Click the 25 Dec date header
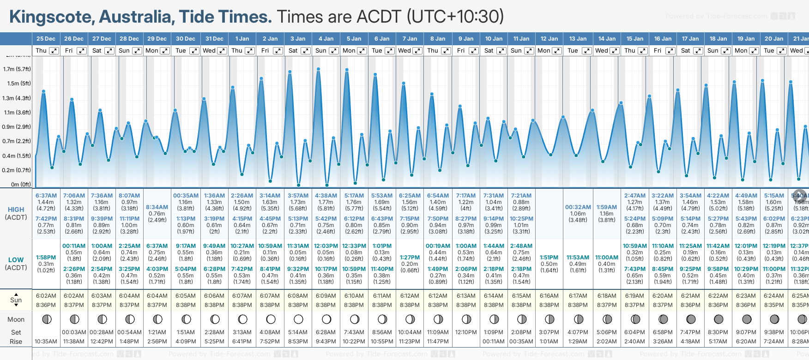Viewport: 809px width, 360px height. click(46, 39)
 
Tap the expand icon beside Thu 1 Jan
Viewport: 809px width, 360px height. click(250, 51)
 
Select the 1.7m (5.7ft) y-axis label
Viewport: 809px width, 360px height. click(17, 69)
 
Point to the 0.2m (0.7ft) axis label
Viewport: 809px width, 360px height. click(17, 170)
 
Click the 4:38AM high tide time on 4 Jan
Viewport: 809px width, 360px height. click(326, 196)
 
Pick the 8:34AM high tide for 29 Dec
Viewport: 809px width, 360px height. click(157, 207)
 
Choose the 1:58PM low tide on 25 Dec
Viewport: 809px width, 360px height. click(46, 258)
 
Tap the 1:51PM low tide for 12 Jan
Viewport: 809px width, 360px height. click(549, 258)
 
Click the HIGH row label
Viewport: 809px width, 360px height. click(16, 210)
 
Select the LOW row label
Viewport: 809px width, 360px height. click(16, 260)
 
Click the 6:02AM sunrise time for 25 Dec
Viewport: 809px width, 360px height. click(46, 296)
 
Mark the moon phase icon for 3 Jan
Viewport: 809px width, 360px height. click(298, 319)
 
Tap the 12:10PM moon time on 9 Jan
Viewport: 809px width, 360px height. click(466, 332)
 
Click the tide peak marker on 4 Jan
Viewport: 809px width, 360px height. click(319, 69)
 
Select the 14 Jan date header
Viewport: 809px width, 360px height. click(607, 39)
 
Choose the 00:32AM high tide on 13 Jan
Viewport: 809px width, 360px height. click(578, 207)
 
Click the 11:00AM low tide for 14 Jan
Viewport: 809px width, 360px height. click(607, 258)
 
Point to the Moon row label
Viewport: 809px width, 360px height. click(16, 319)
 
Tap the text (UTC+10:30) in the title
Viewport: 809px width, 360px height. click(455, 17)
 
